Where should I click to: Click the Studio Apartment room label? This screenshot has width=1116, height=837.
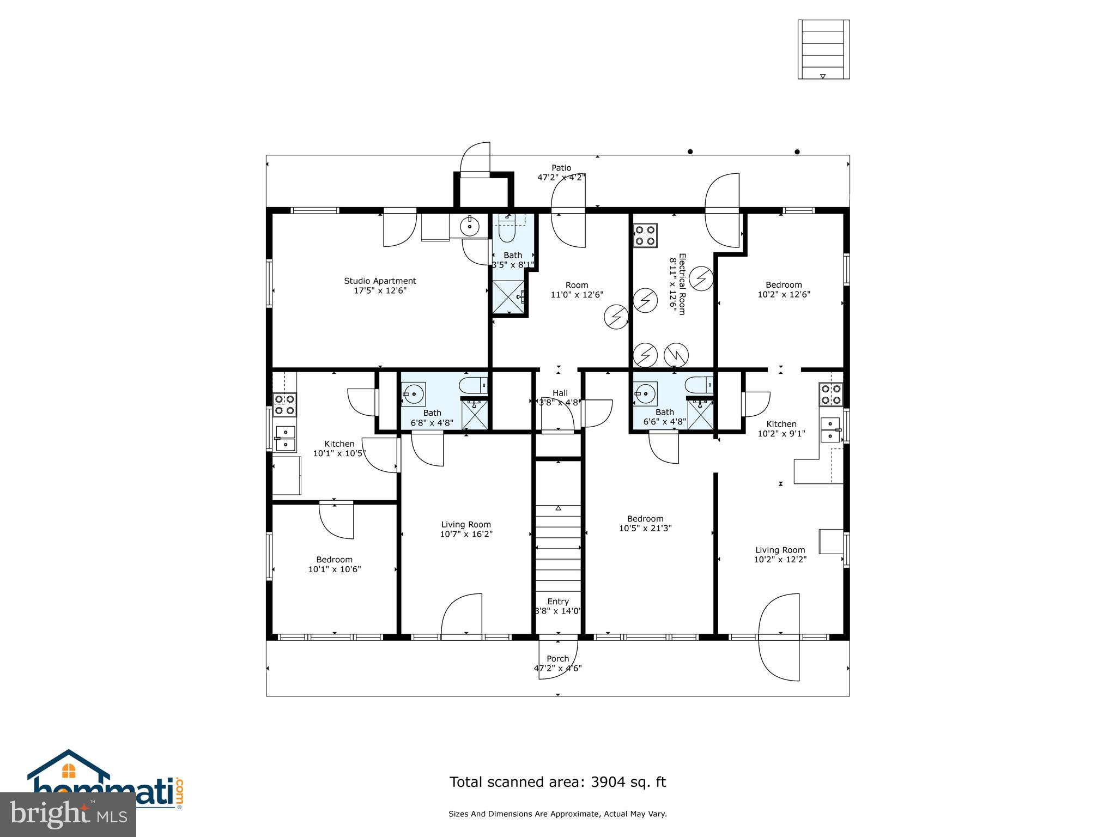[x=380, y=281]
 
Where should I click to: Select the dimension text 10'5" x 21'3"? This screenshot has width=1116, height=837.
[x=645, y=528]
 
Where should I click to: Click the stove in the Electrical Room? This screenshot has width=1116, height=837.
[x=645, y=235]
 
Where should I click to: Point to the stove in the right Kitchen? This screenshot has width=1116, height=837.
[x=832, y=395]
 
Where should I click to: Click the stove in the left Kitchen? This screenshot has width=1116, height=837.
[x=284, y=405]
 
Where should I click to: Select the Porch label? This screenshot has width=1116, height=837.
[x=557, y=659]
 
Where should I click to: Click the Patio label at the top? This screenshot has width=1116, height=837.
[x=561, y=168]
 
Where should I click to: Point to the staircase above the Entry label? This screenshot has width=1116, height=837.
[x=558, y=550]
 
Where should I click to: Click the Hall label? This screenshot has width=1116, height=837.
[x=560, y=393]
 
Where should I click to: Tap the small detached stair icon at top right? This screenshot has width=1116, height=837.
[x=823, y=49]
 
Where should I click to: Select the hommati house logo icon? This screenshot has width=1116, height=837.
[x=69, y=771]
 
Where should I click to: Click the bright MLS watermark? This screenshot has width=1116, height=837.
[x=68, y=815]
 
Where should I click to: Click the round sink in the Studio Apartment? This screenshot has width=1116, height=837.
[x=469, y=226]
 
